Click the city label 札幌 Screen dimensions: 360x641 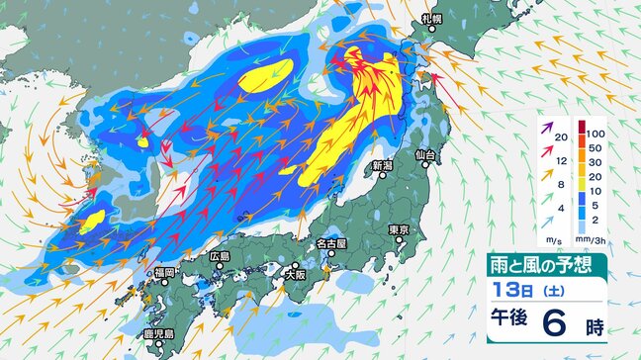point(430,18)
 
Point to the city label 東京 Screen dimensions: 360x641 point(400,229)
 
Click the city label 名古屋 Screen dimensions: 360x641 point(328,242)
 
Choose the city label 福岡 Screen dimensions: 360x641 point(164,272)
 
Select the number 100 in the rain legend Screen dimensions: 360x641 point(595,133)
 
